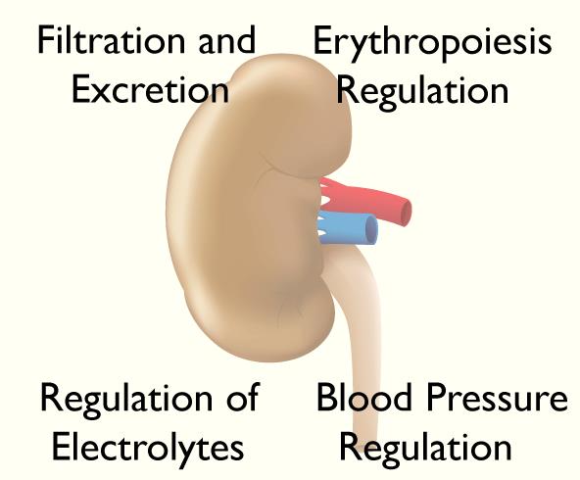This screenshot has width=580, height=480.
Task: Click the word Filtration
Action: [111, 39]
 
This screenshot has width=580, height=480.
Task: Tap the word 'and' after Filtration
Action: [227, 39]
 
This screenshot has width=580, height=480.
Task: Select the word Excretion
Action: [150, 90]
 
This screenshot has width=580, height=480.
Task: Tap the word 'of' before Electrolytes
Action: [243, 397]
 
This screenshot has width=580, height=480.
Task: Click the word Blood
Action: [364, 397]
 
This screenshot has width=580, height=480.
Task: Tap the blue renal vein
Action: [348, 228]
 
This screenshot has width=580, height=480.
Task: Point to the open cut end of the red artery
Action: [406, 213]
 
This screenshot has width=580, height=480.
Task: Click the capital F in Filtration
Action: [46, 40]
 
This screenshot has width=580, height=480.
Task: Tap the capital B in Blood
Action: [327, 398]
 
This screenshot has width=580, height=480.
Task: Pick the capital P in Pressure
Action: [436, 398]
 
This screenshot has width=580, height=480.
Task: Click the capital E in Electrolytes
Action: [62, 447]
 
